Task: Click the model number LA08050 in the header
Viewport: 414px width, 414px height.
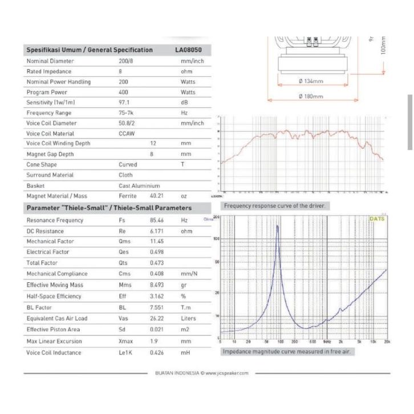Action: click(189, 50)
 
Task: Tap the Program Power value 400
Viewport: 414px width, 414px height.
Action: click(124, 92)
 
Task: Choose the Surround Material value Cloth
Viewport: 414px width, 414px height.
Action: click(125, 175)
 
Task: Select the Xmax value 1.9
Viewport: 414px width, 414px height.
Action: click(154, 342)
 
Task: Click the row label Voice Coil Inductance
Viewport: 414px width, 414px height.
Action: click(54, 352)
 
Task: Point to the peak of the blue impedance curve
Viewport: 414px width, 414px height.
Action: click(278, 226)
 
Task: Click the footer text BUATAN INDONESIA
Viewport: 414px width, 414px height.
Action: click(177, 374)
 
